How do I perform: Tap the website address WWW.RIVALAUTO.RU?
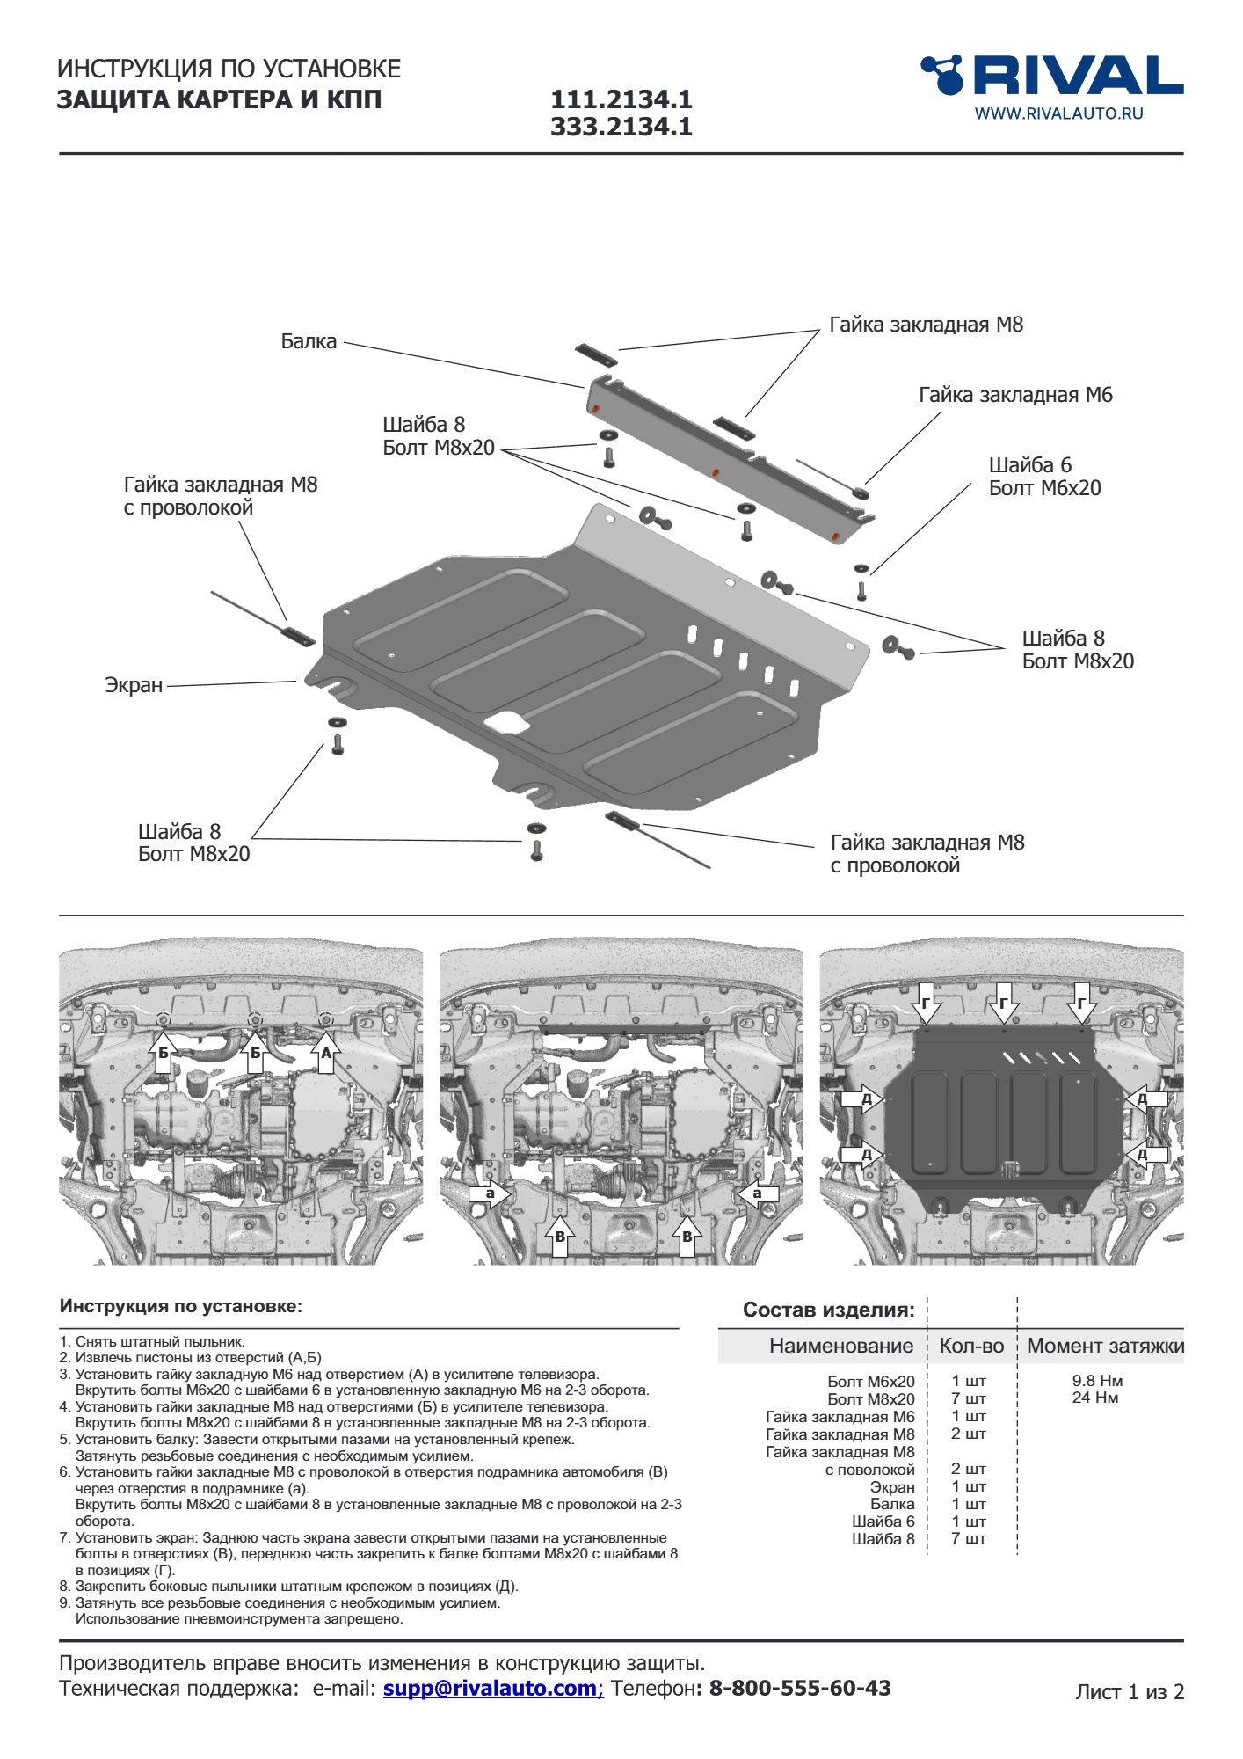(1058, 113)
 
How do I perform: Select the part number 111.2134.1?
(621, 99)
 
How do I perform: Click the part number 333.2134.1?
(621, 128)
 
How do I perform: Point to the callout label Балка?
(309, 341)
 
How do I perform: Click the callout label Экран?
(134, 685)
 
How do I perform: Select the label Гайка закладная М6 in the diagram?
(1015, 395)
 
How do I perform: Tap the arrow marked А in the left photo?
(326, 1052)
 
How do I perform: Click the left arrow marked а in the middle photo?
(490, 1193)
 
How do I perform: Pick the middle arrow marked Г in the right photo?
(1003, 1003)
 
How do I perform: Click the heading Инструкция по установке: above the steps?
(180, 1306)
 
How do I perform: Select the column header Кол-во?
(971, 1346)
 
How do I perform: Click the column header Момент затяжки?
(1105, 1346)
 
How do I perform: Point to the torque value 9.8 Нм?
(1097, 1381)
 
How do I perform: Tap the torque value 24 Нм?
(1095, 1398)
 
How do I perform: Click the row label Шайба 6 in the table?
(883, 1522)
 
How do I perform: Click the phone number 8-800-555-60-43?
(800, 1689)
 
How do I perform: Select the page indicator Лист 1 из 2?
(1130, 1692)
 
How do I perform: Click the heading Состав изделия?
(828, 1310)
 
